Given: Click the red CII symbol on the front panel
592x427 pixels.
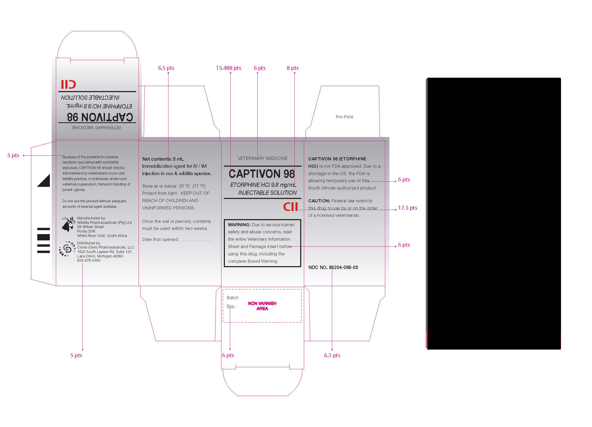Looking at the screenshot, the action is [x=290, y=207].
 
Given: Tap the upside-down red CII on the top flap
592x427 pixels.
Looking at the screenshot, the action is [x=68, y=84].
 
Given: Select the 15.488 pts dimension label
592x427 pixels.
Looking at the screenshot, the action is [x=228, y=68].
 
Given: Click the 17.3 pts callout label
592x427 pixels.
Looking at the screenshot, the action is [x=408, y=208].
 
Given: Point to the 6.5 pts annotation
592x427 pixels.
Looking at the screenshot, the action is [x=166, y=68].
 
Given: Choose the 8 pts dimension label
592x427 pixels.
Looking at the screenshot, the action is [x=293, y=68].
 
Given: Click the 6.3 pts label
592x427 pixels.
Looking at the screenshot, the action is [x=332, y=355].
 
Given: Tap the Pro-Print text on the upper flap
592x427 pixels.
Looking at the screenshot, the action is [x=344, y=117].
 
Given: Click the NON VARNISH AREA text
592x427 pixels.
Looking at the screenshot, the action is [x=262, y=306].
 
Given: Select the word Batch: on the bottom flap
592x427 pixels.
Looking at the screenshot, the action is [x=233, y=298].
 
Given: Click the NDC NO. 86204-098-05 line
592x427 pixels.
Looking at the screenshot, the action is [x=333, y=267].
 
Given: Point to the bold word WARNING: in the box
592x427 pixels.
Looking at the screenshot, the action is [x=239, y=225].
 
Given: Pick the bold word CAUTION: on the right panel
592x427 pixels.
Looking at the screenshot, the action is [x=319, y=201].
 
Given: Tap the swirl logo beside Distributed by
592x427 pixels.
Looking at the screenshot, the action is [x=67, y=249].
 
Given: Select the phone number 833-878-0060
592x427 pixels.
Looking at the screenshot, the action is [x=89, y=260].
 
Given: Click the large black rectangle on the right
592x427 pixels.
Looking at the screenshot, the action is [x=494, y=213].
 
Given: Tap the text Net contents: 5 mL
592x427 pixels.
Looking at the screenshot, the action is [x=163, y=159].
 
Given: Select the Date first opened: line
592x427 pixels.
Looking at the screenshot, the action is [x=177, y=239].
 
